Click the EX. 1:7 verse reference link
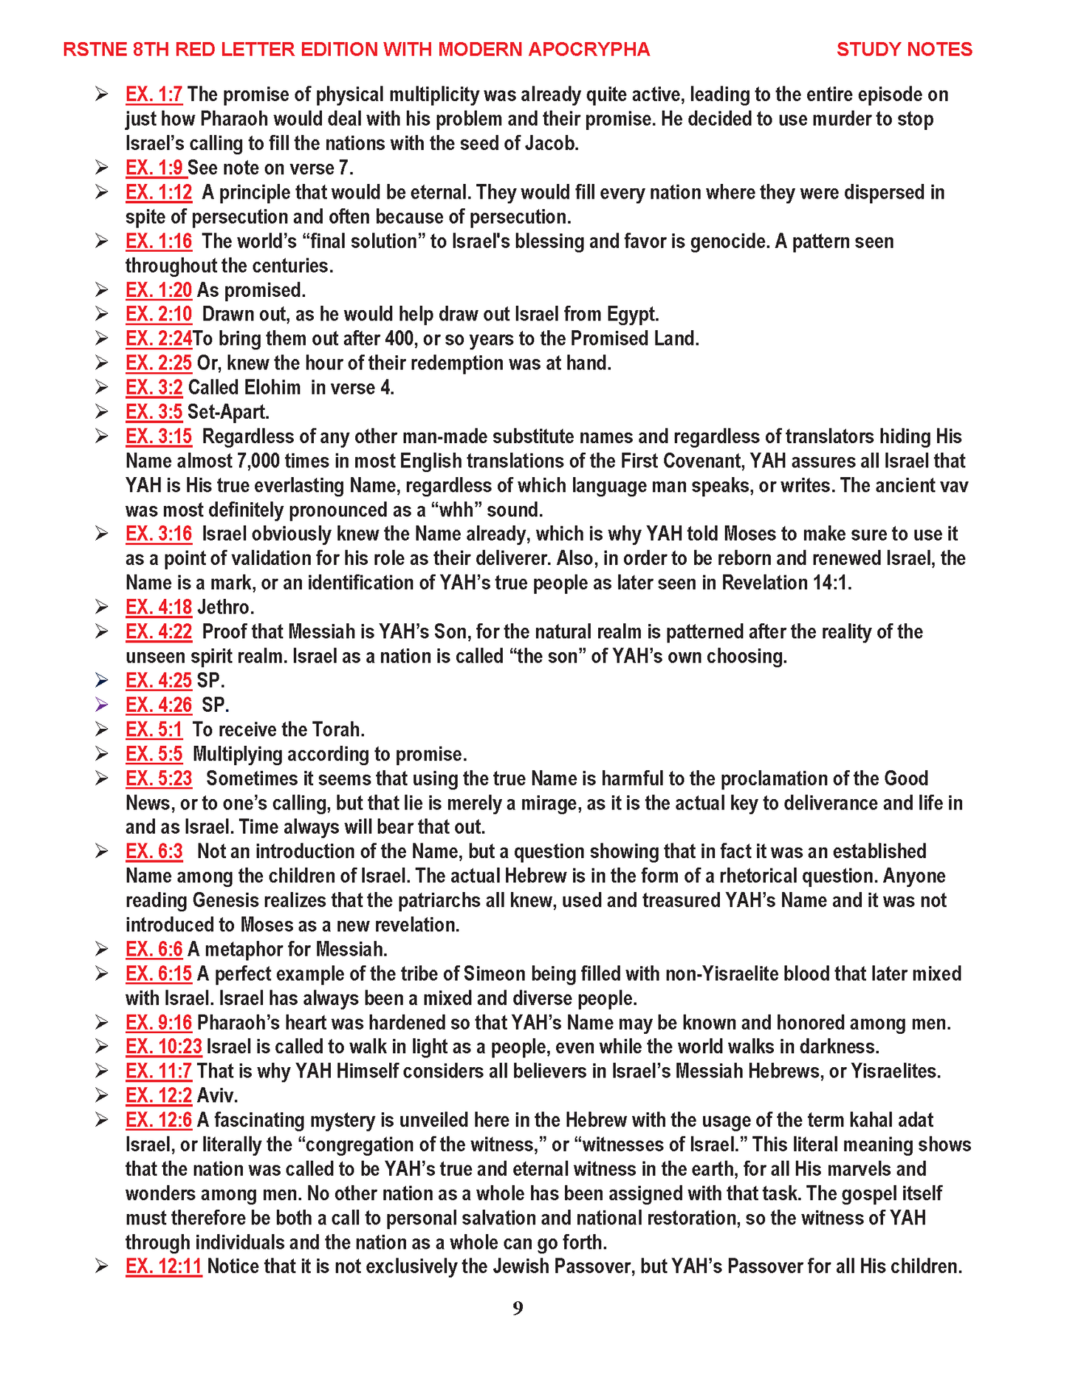154,95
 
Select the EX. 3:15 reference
159,436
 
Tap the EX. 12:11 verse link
163,1267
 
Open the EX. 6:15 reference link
159,974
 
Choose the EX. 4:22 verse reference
159,632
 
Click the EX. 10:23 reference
163,1047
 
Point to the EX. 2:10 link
159,315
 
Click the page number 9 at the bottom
518,1309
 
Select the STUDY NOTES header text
904,49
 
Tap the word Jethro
225,608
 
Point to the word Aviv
217,1096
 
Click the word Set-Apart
228,412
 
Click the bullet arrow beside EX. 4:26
102,705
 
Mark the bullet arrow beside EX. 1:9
102,168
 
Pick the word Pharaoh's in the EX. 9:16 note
234,1023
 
